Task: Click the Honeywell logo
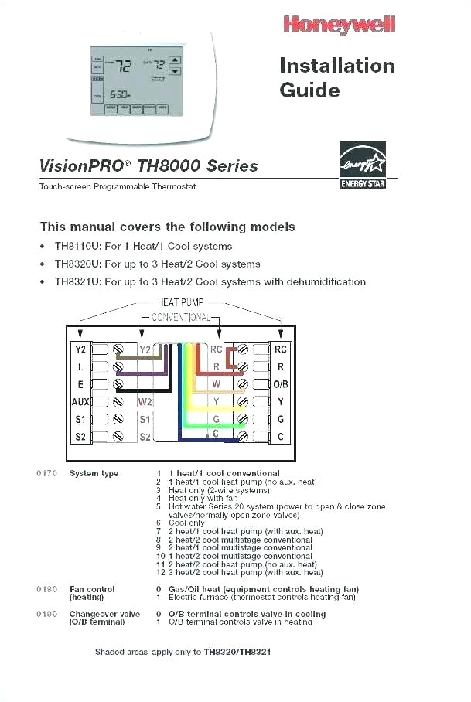pyautogui.click(x=340, y=26)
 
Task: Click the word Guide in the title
pyautogui.click(x=309, y=90)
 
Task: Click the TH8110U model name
pyautogui.click(x=77, y=247)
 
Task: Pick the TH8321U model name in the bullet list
pyautogui.click(x=77, y=282)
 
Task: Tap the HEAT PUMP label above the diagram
pyautogui.click(x=181, y=304)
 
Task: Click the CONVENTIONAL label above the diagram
pyautogui.click(x=181, y=318)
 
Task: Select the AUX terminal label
pyautogui.click(x=80, y=402)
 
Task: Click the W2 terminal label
pyautogui.click(x=145, y=402)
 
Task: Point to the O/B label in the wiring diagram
pyautogui.click(x=281, y=384)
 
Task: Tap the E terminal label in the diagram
pyautogui.click(x=80, y=384)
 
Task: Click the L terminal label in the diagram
pyautogui.click(x=80, y=367)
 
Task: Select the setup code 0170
pyautogui.click(x=46, y=473)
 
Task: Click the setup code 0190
pyautogui.click(x=46, y=614)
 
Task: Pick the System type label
pyautogui.click(x=94, y=473)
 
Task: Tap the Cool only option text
pyautogui.click(x=186, y=523)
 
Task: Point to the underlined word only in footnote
pyautogui.click(x=183, y=653)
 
